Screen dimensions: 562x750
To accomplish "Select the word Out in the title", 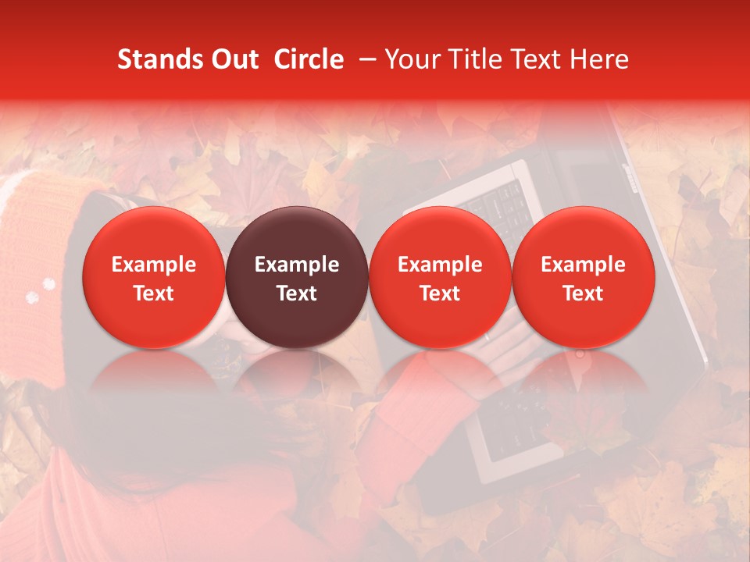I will pyautogui.click(x=233, y=59).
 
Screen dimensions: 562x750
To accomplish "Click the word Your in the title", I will pyautogui.click(x=414, y=59).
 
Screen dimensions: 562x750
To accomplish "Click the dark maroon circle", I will pyautogui.click(x=297, y=277).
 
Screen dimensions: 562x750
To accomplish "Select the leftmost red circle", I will pyautogui.click(x=154, y=277).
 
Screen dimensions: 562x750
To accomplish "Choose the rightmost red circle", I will pyautogui.click(x=583, y=277).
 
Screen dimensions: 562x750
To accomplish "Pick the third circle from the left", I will pyautogui.click(x=440, y=277).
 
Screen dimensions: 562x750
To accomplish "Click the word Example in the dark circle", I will pyautogui.click(x=297, y=265).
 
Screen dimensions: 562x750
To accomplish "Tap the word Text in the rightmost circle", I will pyautogui.click(x=583, y=293).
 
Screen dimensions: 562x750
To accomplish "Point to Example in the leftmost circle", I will pyautogui.click(x=154, y=265).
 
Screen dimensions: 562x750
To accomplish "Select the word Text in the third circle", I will pyautogui.click(x=440, y=293).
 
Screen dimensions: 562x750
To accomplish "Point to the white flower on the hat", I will pyautogui.click(x=33, y=297).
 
